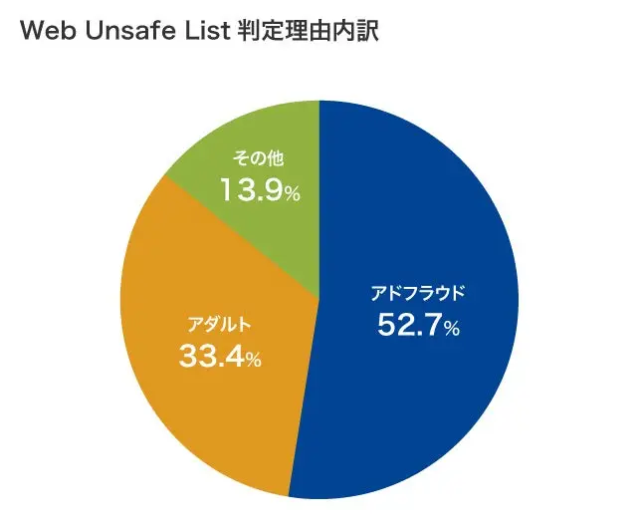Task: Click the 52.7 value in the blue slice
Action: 409,325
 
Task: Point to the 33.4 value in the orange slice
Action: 211,356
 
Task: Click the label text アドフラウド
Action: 418,294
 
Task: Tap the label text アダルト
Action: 220,325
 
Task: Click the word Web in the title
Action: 45,31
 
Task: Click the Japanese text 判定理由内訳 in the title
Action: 306,31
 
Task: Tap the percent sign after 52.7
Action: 452,328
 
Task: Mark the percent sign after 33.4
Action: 253,359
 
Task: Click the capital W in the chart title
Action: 31,31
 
